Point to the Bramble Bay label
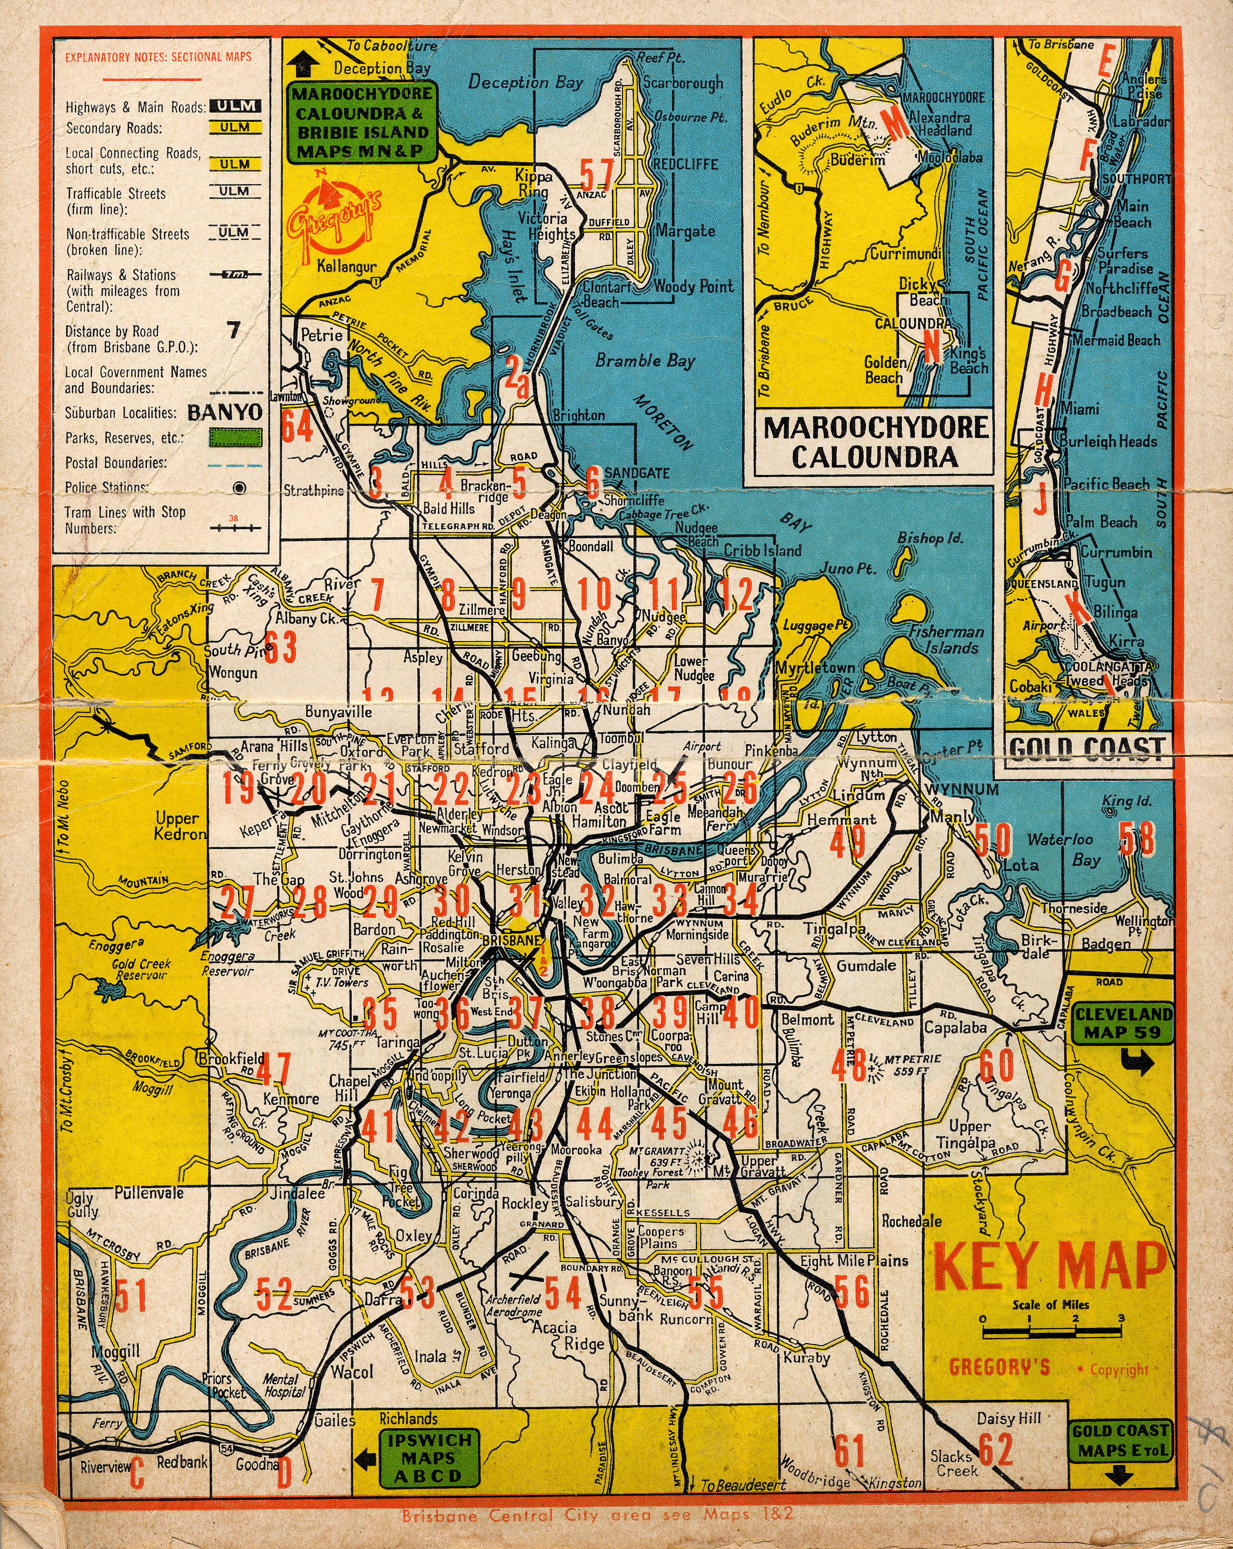click(x=645, y=361)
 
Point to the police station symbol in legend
click(x=239, y=488)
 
